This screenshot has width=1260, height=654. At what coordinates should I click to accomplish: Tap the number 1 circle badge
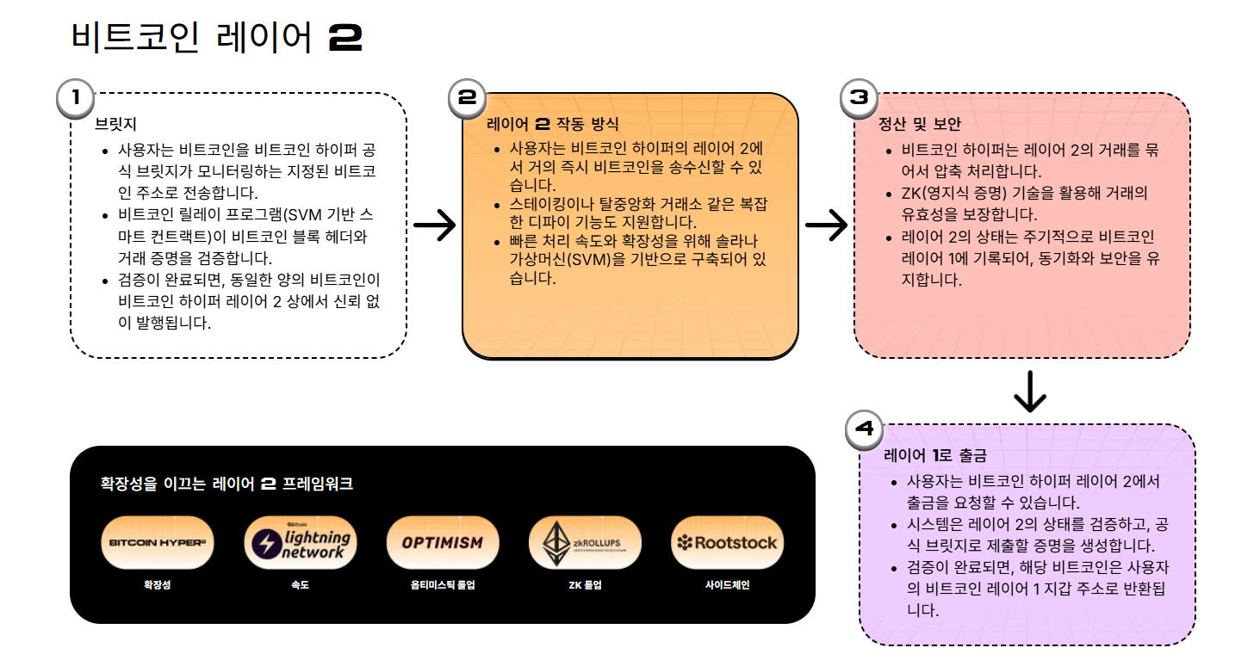pyautogui.click(x=76, y=98)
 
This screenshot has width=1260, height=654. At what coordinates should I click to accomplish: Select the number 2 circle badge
pyautogui.click(x=468, y=98)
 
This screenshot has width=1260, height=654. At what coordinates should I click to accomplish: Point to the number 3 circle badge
pyautogui.click(x=859, y=98)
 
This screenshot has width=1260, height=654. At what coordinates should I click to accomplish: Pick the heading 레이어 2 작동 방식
pyautogui.click(x=552, y=125)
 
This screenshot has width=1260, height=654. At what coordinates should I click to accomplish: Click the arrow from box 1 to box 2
pyautogui.click(x=435, y=225)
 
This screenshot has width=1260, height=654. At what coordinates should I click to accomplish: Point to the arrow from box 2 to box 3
pyautogui.click(x=826, y=225)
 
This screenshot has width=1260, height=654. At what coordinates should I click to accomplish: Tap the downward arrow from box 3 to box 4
pyautogui.click(x=1030, y=392)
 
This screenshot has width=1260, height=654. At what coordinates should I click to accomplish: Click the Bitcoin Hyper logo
pyautogui.click(x=157, y=543)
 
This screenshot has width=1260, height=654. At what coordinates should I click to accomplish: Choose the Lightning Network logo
pyautogui.click(x=300, y=543)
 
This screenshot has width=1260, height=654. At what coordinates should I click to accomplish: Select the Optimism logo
pyautogui.click(x=442, y=543)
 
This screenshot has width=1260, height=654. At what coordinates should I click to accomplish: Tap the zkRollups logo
pyautogui.click(x=585, y=543)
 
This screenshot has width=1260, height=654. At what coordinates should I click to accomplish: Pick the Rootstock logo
pyautogui.click(x=727, y=543)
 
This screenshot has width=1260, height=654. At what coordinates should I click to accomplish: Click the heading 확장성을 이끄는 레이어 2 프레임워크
pyautogui.click(x=227, y=484)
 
